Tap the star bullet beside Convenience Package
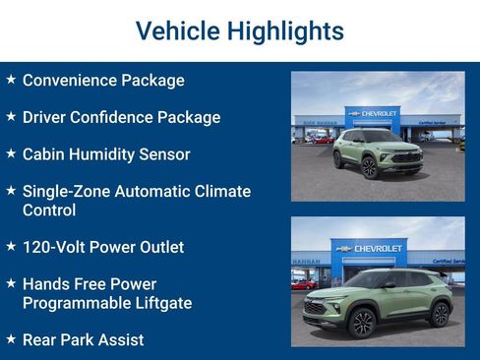(11, 80)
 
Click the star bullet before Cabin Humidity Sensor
(11, 153)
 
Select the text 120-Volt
(54, 247)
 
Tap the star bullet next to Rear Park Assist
(11, 338)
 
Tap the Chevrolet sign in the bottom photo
(379, 248)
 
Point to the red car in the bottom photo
(305, 284)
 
